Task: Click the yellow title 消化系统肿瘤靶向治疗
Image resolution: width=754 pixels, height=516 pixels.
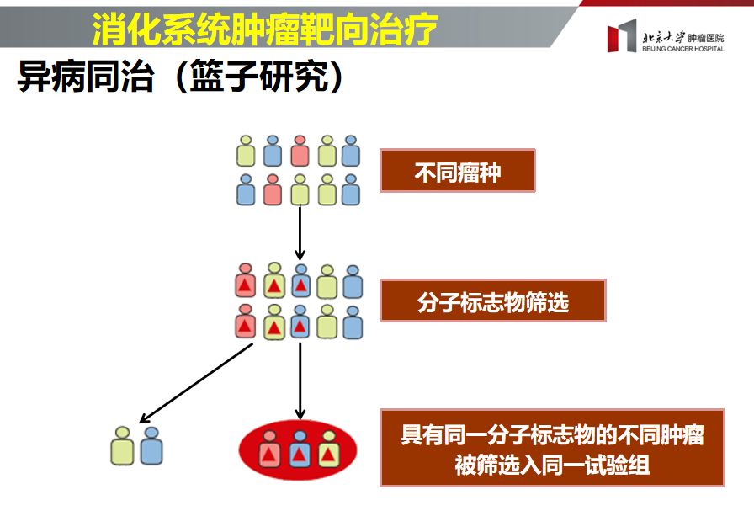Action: (x=265, y=30)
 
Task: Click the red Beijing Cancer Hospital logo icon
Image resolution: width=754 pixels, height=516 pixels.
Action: (x=622, y=38)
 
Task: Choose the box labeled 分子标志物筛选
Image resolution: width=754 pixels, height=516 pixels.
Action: (x=492, y=301)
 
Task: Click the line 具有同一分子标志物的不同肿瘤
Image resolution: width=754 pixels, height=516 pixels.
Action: (x=552, y=435)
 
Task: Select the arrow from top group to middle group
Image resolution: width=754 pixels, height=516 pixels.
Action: (x=300, y=232)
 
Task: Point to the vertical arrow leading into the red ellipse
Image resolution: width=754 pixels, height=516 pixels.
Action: (x=300, y=379)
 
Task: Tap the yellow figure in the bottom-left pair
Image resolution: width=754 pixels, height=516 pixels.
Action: (x=123, y=446)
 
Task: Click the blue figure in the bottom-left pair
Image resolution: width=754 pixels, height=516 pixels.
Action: (x=151, y=446)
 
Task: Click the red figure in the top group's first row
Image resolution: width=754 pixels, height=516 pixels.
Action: (x=300, y=152)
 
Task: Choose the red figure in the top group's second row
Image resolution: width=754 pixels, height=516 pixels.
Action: (x=272, y=190)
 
